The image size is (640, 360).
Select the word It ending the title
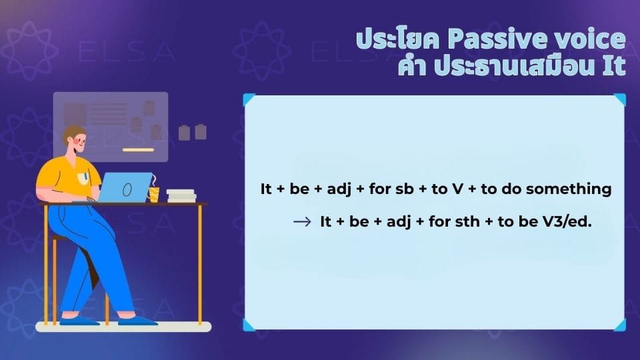(x=614, y=67)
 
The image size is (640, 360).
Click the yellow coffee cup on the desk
(x=154, y=194)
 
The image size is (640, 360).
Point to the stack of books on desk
(x=181, y=196)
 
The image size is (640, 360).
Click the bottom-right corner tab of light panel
(x=619, y=325)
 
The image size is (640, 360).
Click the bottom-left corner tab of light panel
(x=249, y=325)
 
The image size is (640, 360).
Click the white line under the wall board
(x=138, y=149)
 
